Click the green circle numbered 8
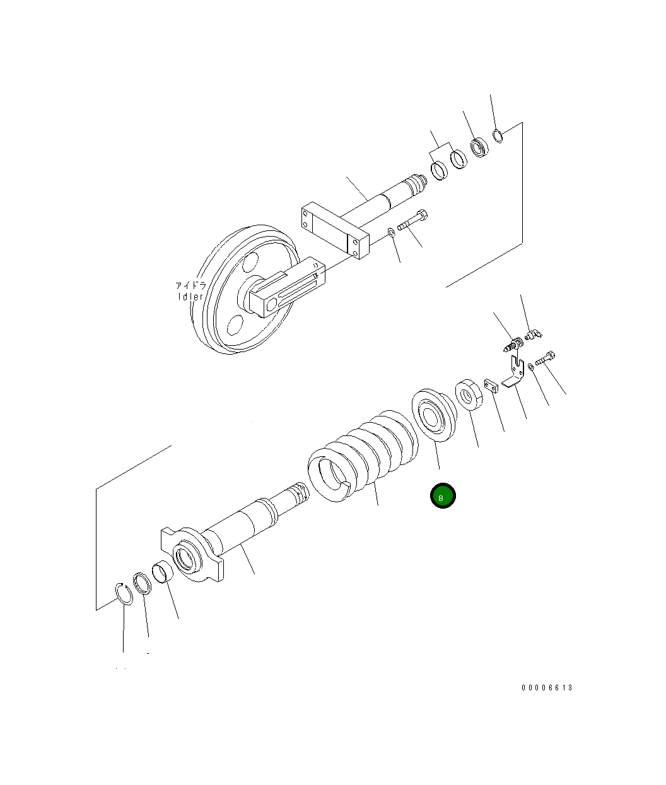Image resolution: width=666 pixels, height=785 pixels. (443, 495)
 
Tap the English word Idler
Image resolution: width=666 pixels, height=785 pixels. (190, 297)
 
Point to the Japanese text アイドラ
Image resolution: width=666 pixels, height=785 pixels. (190, 285)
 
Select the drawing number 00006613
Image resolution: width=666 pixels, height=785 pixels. (547, 688)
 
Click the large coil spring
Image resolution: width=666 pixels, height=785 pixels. (363, 455)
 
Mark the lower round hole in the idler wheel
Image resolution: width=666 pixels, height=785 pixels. (235, 325)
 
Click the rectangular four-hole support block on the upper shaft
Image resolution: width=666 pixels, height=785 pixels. (335, 230)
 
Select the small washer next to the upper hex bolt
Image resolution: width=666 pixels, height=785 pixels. (391, 232)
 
